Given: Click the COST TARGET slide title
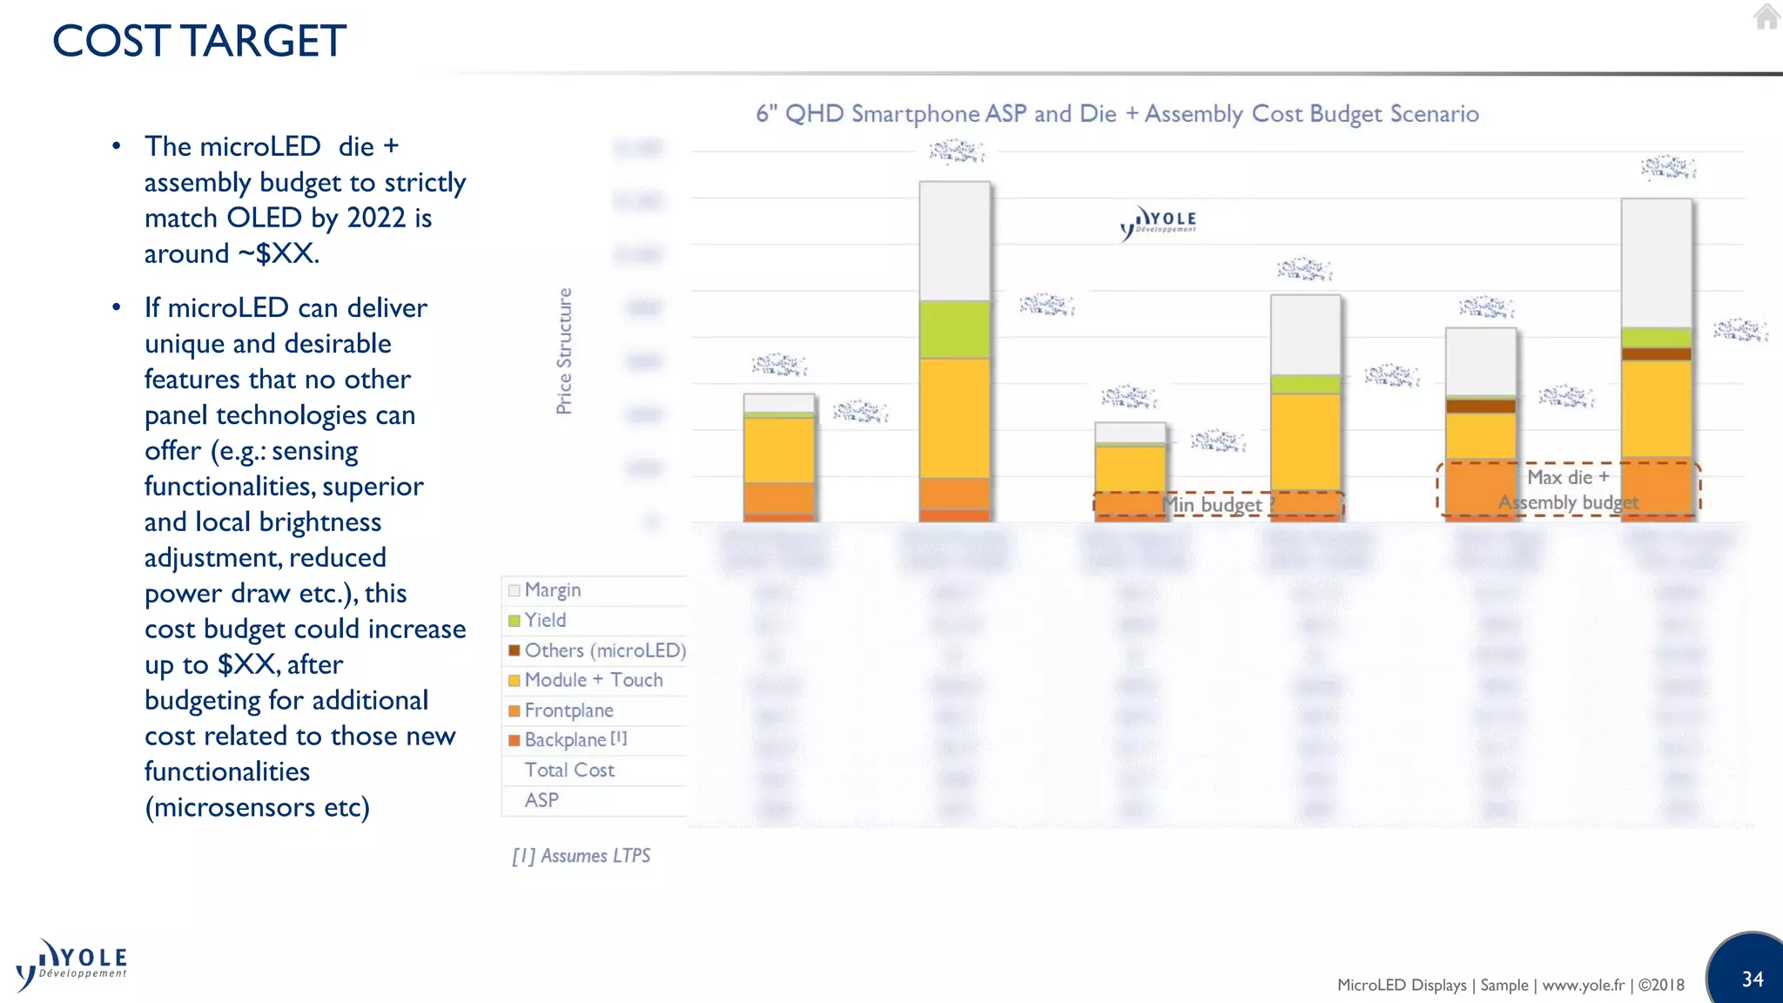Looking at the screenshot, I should pyautogui.click(x=199, y=41).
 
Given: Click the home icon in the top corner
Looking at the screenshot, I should pyautogui.click(x=1766, y=17).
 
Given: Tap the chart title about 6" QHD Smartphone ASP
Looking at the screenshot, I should pyautogui.click(x=1117, y=114).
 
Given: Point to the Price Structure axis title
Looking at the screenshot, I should pyautogui.click(x=564, y=351).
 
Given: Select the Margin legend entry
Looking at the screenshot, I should pyautogui.click(x=552, y=590).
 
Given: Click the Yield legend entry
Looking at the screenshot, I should pyautogui.click(x=545, y=620).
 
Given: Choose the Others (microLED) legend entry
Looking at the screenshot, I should pyautogui.click(x=604, y=650).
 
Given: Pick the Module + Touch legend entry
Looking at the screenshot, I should pyautogui.click(x=593, y=680).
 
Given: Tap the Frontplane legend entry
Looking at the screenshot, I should pyautogui.click(x=569, y=710).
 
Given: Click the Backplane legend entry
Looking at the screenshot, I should pyautogui.click(x=566, y=740).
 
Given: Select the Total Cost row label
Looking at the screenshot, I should pyautogui.click(x=569, y=770).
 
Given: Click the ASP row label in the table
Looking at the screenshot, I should pyautogui.click(x=542, y=800).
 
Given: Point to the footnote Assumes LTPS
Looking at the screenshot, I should pyautogui.click(x=582, y=856).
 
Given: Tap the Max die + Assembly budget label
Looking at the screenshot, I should pyautogui.click(x=1568, y=489).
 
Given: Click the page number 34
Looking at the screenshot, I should pyautogui.click(x=1753, y=979).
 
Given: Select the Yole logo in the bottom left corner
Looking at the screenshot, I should pyautogui.click(x=71, y=965).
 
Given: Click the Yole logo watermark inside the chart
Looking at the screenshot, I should pyautogui.click(x=1159, y=223).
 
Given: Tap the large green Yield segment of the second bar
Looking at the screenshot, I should pyautogui.click(x=954, y=329).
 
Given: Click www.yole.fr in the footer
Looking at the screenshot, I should pyautogui.click(x=1583, y=985).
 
